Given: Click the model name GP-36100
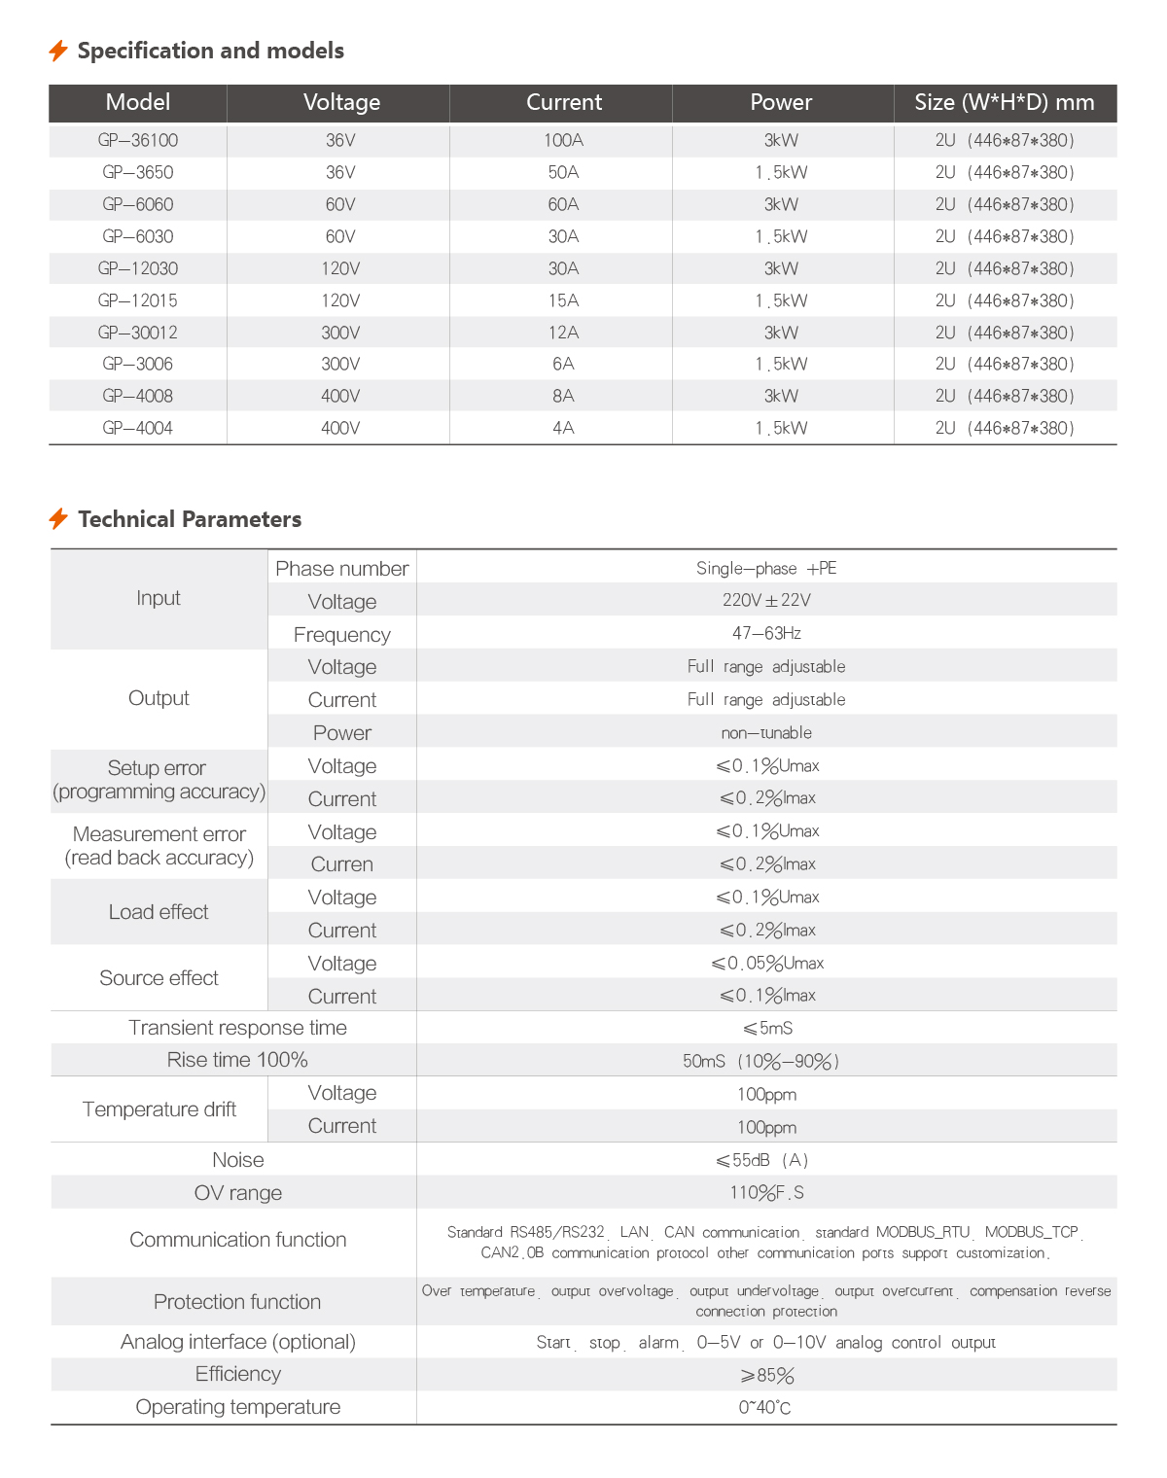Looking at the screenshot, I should coord(138,140).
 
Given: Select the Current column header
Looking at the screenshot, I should coord(564,102).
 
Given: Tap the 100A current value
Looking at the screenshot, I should coord(564,140).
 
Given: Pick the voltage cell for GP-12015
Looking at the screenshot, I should coord(340,300).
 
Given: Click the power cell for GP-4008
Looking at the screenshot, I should coord(781,396).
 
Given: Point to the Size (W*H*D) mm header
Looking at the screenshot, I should coord(1005,102).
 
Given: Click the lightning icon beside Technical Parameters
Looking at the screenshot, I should coord(58,518).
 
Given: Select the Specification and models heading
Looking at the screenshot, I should coord(210,51).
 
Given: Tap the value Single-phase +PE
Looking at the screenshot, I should coord(766,568).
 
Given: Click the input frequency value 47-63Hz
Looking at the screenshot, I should coord(766,633).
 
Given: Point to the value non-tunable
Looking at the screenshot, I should coord(766,732).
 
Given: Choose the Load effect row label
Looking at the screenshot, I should coord(159,912).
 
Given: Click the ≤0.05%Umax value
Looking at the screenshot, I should coord(767,963).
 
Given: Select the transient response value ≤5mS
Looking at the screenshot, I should coord(767,1028).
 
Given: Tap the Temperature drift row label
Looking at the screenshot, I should coord(159,1109).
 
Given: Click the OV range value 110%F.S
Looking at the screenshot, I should coord(766,1192).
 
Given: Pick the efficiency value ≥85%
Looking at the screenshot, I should coord(767,1375).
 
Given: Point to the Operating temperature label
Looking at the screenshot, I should coord(238,1407).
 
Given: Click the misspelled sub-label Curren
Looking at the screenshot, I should coord(342,864).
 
